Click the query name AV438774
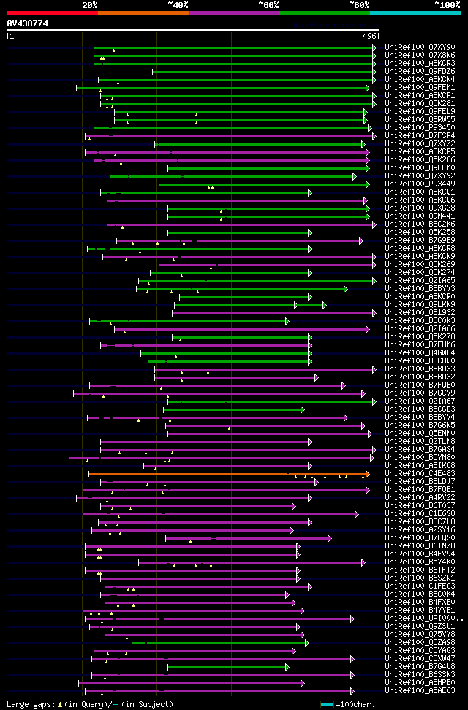(x=28, y=23)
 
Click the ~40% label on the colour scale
(x=178, y=4)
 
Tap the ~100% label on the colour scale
(x=447, y=4)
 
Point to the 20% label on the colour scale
(x=90, y=4)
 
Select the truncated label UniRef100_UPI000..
(x=423, y=619)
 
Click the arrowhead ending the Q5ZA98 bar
(x=307, y=643)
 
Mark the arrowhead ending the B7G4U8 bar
(x=288, y=667)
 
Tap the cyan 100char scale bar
(x=327, y=704)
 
